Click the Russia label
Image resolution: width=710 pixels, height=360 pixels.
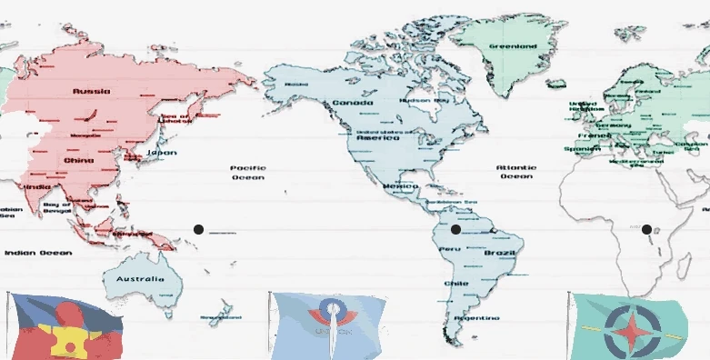click(x=92, y=91)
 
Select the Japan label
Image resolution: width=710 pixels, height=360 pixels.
click(x=162, y=152)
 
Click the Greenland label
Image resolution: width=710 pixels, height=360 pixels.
click(x=514, y=45)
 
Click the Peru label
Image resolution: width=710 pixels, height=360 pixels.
click(x=449, y=248)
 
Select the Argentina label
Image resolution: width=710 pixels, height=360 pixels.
click(x=479, y=318)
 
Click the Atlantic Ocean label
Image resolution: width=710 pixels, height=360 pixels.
click(x=515, y=172)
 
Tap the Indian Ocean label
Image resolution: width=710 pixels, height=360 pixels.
click(x=38, y=252)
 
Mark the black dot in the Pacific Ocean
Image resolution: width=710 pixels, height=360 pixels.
click(x=198, y=229)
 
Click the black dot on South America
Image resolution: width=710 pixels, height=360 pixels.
click(x=455, y=229)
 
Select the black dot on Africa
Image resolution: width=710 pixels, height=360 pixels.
click(x=646, y=229)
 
